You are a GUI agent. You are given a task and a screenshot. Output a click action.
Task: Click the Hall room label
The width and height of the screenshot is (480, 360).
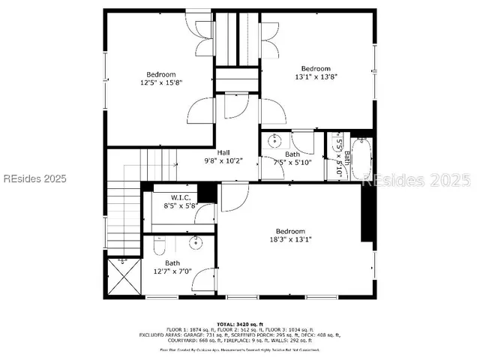(223, 151)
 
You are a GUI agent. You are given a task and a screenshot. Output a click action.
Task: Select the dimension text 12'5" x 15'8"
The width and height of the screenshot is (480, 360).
(161, 83)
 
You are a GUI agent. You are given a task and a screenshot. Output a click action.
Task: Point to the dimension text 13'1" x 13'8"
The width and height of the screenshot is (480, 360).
(316, 76)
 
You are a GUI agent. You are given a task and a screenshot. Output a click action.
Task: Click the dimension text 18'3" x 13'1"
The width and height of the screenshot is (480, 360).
(290, 240)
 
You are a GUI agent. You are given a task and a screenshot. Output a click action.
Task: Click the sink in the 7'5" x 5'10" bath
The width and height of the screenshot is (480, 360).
(275, 141)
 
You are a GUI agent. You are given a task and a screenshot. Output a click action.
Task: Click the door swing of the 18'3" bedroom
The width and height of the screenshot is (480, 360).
(234, 196)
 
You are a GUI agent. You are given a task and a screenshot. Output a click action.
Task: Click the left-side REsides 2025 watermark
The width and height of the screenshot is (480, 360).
(34, 179)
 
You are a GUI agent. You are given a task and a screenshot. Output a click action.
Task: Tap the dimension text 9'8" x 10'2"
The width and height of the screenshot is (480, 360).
(223, 160)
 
